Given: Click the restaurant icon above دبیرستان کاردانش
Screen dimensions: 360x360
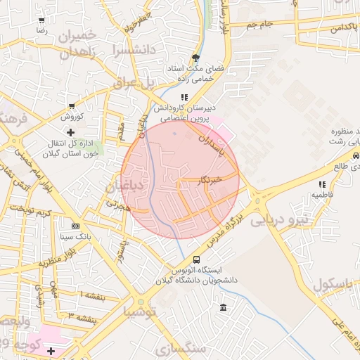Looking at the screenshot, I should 184,97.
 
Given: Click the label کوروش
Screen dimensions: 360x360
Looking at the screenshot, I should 71,116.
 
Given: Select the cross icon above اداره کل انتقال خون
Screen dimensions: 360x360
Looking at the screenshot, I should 70,131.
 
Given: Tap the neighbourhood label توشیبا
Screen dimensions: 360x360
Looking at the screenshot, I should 145,309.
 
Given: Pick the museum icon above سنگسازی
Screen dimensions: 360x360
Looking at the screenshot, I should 223,307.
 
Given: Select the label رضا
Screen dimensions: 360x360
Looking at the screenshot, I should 41,31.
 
